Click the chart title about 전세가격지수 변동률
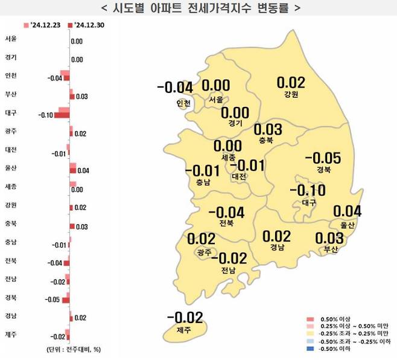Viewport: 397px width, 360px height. pyautogui.click(x=198, y=8)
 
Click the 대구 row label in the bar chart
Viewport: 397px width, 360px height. pyautogui.click(x=11, y=113)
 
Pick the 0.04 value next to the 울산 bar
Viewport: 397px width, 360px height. pyautogui.click(x=83, y=171)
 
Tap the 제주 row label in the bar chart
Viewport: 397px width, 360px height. pyautogui.click(x=11, y=334)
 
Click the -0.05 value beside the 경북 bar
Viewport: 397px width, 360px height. pyautogui.click(x=52, y=300)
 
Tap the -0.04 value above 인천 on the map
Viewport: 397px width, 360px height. pyautogui.click(x=174, y=88)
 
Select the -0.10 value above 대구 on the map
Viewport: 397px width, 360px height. pyautogui.click(x=308, y=191)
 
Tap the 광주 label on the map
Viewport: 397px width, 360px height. pyautogui.click(x=203, y=252)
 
